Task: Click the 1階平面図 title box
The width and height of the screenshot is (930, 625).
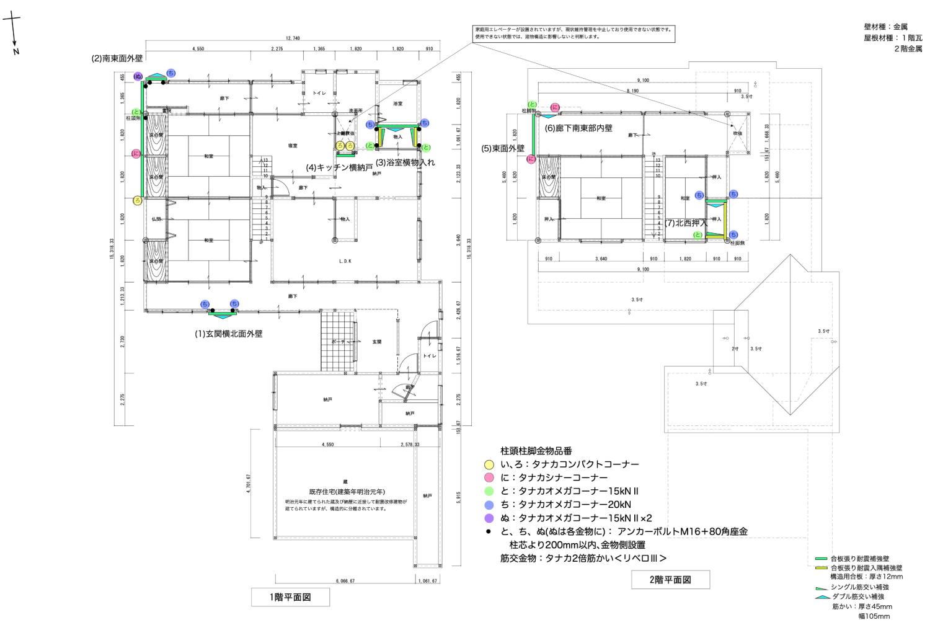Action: (x=290, y=597)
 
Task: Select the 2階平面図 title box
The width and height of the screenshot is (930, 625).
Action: (x=670, y=580)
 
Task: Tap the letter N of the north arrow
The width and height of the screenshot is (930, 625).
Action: (x=16, y=51)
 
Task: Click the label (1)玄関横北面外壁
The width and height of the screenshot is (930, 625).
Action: (x=229, y=334)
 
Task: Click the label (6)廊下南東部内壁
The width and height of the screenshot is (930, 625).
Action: (x=578, y=128)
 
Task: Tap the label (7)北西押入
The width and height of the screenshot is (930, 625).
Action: (x=686, y=222)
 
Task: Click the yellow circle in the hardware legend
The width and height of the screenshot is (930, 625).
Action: (x=489, y=464)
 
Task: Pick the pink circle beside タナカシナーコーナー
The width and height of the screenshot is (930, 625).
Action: (x=489, y=477)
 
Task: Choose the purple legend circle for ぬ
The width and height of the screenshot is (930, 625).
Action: (x=489, y=518)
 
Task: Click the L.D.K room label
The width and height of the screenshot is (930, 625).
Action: (x=345, y=262)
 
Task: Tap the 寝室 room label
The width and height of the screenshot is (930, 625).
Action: (x=293, y=145)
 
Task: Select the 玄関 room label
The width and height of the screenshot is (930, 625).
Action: (x=377, y=342)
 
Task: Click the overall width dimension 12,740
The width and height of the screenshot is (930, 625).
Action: (x=293, y=38)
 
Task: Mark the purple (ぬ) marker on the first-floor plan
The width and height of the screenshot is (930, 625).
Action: (x=138, y=76)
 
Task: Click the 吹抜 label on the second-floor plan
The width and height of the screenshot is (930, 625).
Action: (x=738, y=133)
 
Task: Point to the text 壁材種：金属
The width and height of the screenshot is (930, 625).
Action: (x=885, y=27)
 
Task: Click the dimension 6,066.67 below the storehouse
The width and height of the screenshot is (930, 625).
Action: (x=344, y=581)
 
